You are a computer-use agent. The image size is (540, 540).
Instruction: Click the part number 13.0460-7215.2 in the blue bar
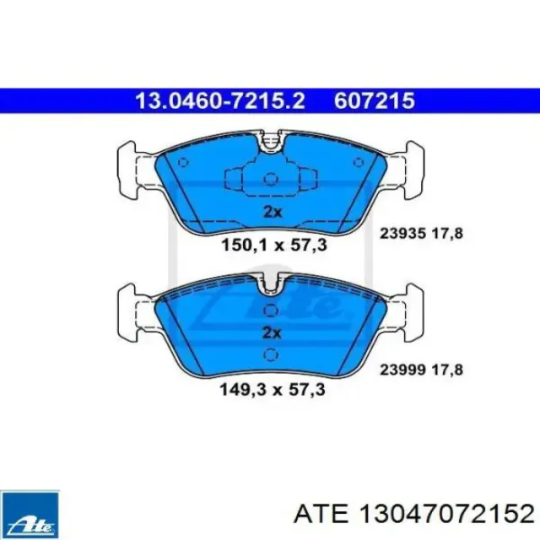point(220,101)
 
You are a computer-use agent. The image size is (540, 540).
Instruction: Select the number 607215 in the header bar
point(374,101)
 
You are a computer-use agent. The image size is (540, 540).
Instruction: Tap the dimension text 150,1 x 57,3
point(274,246)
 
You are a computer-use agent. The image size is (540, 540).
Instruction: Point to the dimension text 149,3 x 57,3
point(273,390)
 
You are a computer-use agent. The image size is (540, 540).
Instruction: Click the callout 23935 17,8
point(421,234)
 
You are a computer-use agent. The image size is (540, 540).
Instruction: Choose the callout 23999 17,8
point(421,370)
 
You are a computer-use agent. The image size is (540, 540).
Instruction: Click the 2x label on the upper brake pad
point(273,211)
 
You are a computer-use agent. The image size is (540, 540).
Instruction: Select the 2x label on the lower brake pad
point(272,333)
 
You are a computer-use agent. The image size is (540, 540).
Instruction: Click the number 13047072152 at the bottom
point(446,515)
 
